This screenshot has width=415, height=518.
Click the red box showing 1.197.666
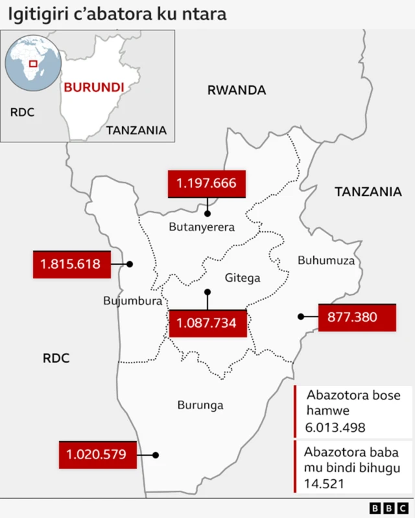[x=207, y=184]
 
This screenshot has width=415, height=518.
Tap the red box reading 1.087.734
[x=207, y=323]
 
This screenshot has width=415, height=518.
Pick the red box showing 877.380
[x=357, y=317]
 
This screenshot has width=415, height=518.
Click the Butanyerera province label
[x=202, y=227]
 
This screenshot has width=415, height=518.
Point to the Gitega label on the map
[x=243, y=278]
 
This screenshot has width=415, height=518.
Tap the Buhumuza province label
[x=326, y=260]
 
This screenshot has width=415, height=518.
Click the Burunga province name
[x=200, y=405]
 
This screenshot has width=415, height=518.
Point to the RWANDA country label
[x=237, y=91]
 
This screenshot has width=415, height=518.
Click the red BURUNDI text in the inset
[x=93, y=87]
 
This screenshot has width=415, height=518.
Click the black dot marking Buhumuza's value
[x=301, y=317]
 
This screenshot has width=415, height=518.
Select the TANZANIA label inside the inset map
[x=136, y=130]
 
